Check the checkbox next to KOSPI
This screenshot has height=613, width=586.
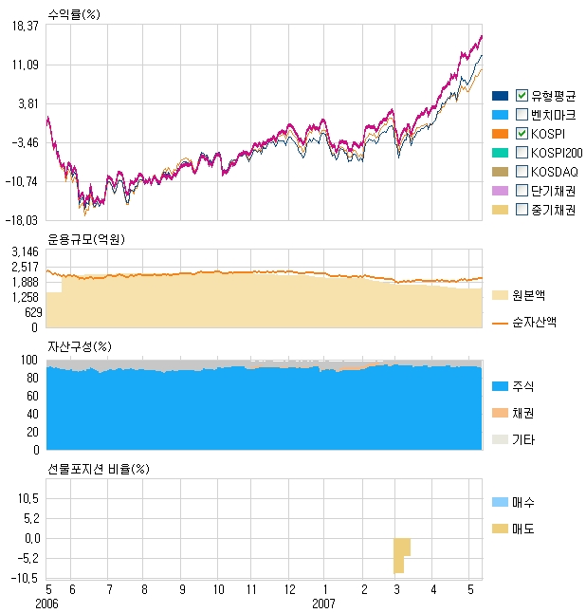[522, 134]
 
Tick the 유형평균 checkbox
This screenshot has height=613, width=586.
[522, 96]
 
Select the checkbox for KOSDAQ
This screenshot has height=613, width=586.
[522, 172]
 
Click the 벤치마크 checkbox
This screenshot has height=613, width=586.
[522, 115]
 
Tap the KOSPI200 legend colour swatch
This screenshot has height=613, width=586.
[501, 153]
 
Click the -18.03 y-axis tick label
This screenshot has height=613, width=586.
[23, 219]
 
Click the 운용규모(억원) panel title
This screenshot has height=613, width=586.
[85, 238]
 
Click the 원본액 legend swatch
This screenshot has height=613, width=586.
[501, 295]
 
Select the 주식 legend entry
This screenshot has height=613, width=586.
[522, 387]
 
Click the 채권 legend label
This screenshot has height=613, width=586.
[522, 414]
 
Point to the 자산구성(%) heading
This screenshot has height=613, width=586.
[80, 346]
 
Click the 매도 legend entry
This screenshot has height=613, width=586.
[522, 528]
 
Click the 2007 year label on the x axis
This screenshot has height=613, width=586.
[325, 604]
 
